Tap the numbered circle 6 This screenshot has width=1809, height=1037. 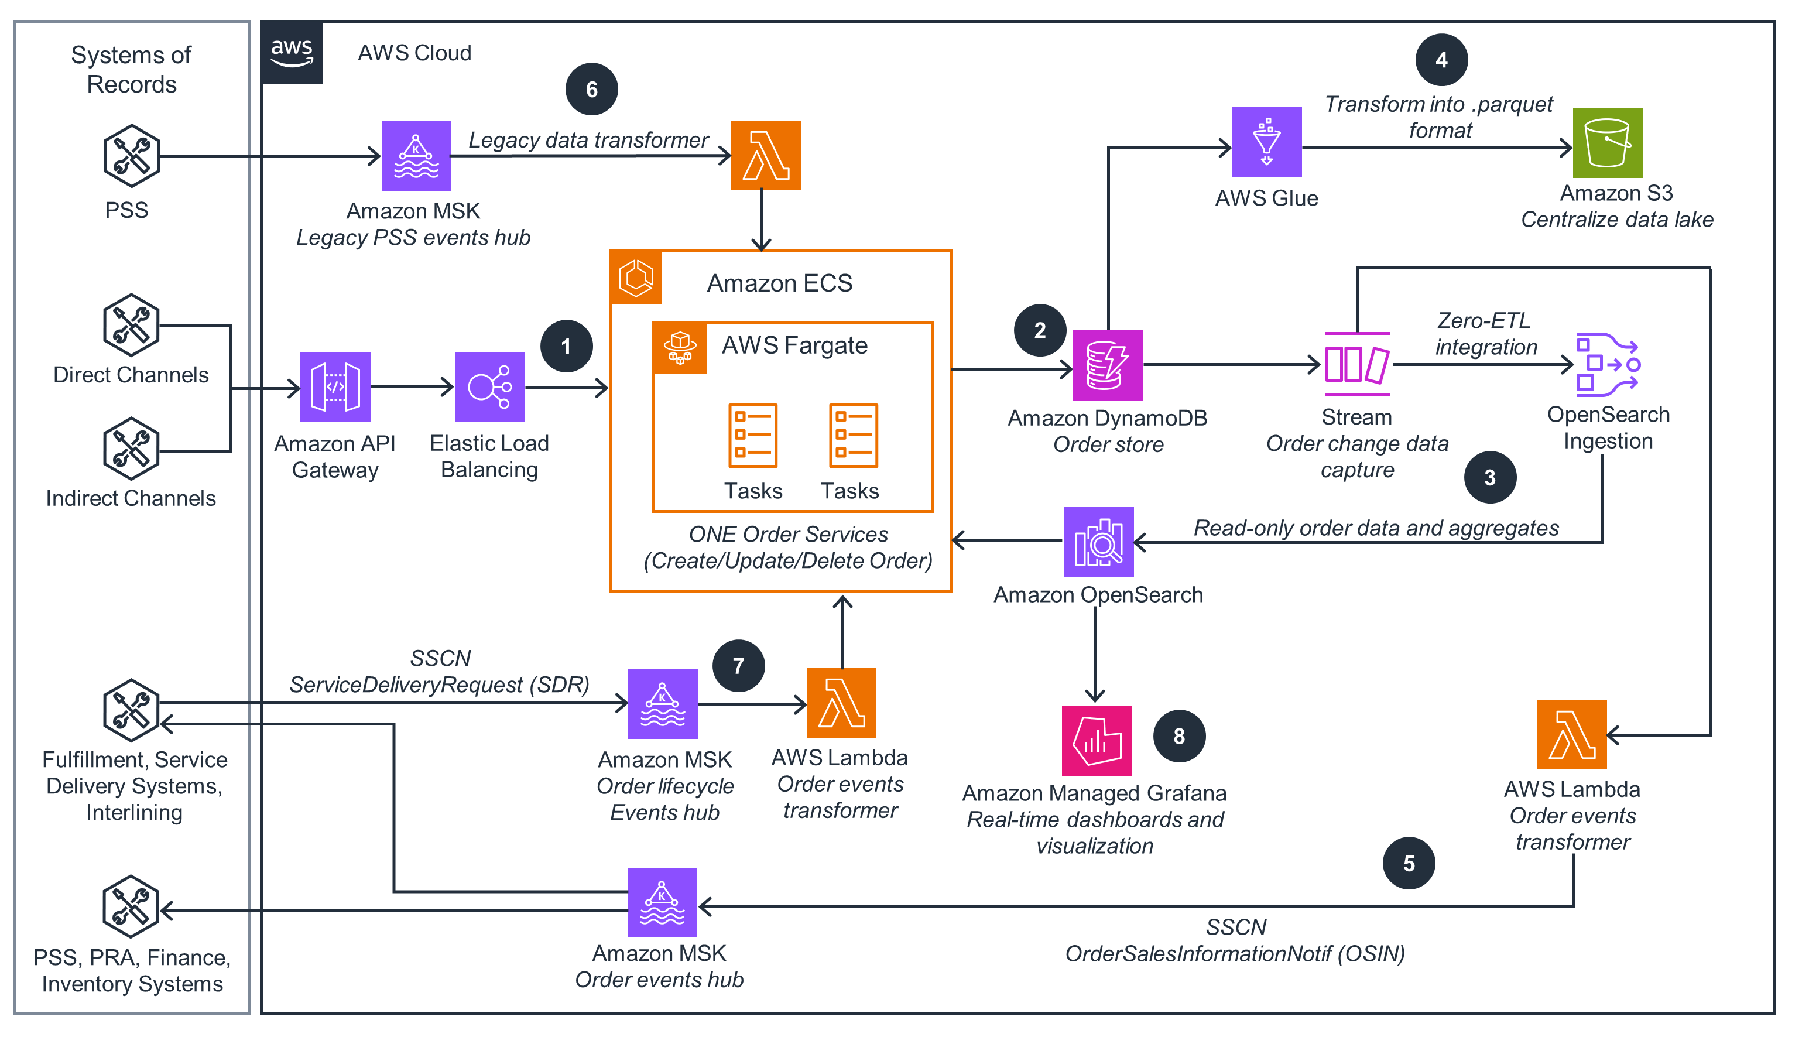tap(592, 90)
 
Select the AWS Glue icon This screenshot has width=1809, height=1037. tap(1266, 142)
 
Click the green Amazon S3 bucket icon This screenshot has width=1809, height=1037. tap(1608, 143)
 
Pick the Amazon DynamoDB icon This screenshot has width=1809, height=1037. tap(1108, 365)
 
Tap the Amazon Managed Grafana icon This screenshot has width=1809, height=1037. tap(1097, 741)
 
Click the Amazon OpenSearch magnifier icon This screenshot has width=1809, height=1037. tap(1098, 542)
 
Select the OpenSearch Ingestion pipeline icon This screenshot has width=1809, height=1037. tap(1608, 364)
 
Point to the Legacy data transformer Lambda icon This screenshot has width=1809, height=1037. tap(765, 155)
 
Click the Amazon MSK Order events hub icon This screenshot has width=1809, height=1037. tap(662, 902)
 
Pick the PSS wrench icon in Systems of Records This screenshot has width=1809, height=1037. tap(131, 156)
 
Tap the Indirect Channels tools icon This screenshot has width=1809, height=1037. tap(131, 449)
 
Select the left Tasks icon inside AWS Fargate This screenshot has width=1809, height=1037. tap(752, 435)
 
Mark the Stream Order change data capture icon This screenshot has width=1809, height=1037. tap(1357, 364)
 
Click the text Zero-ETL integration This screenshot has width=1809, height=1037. tap(1486, 333)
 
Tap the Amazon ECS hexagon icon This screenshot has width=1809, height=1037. tap(636, 277)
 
